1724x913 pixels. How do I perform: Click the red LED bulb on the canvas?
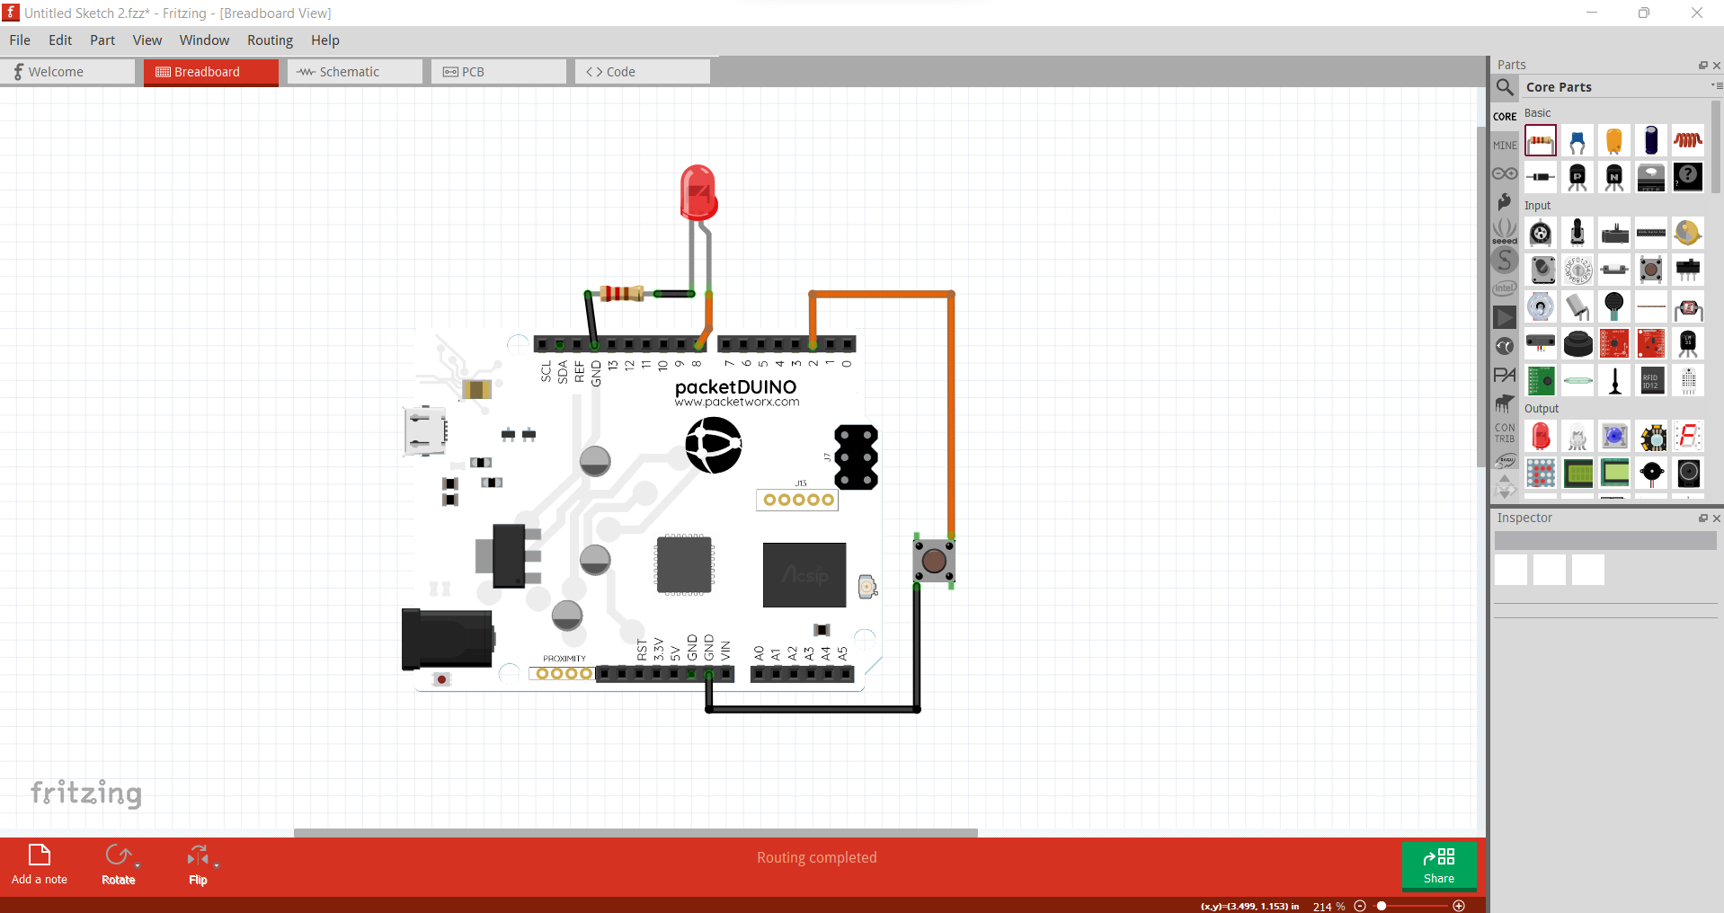tap(698, 191)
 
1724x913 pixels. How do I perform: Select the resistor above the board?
tap(621, 293)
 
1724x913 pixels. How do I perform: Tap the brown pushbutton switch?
tap(934, 561)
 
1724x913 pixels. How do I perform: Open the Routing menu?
tap(270, 40)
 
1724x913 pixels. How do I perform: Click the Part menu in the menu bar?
tap(102, 40)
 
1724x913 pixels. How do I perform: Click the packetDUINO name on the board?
tap(735, 386)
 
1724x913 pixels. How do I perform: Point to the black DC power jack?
tap(447, 639)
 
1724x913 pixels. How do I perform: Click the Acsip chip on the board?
tap(804, 574)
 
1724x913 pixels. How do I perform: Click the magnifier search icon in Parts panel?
tap(1505, 87)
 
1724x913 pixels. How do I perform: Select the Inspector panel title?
tap(1524, 519)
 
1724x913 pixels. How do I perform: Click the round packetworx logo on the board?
tap(713, 445)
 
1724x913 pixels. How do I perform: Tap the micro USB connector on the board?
tap(425, 431)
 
